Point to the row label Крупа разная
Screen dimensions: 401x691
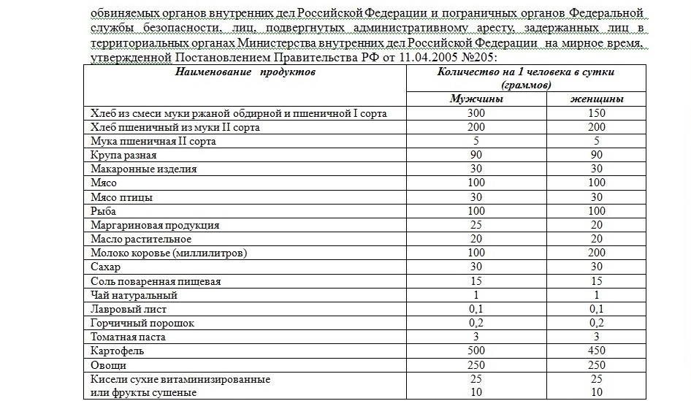tap(123, 156)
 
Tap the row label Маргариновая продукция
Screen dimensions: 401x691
tap(154, 226)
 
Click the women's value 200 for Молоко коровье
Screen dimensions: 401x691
tap(597, 253)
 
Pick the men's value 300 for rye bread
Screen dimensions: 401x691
tap(475, 113)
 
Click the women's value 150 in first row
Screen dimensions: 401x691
tap(597, 113)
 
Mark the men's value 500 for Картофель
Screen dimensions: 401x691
tap(475, 351)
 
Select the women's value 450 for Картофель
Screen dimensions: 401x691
tap(597, 351)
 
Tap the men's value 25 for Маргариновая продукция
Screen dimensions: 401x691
tap(475, 226)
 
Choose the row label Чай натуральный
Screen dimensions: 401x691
tap(134, 296)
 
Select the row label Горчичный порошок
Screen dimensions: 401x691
tap(142, 324)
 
